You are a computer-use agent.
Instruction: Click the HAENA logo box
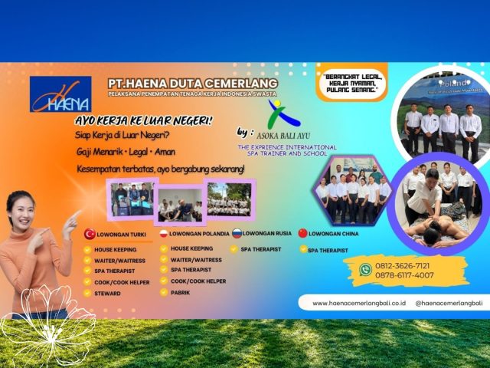tap(60, 94)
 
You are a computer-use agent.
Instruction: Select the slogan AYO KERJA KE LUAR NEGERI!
tap(143, 121)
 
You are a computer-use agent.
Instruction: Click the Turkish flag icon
tap(90, 234)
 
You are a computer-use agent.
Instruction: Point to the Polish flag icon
tap(163, 233)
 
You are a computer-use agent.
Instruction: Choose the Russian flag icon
tap(237, 233)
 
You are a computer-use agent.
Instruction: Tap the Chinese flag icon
tap(302, 233)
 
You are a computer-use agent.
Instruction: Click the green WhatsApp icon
tap(365, 269)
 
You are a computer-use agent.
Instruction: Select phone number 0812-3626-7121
tap(402, 265)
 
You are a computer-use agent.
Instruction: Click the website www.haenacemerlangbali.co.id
tap(358, 304)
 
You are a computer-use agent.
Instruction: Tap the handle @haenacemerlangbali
tap(448, 304)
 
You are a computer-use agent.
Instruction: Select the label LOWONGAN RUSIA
tap(267, 233)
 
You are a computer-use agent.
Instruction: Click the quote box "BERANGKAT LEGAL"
tap(351, 82)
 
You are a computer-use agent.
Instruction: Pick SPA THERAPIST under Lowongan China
tap(330, 250)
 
